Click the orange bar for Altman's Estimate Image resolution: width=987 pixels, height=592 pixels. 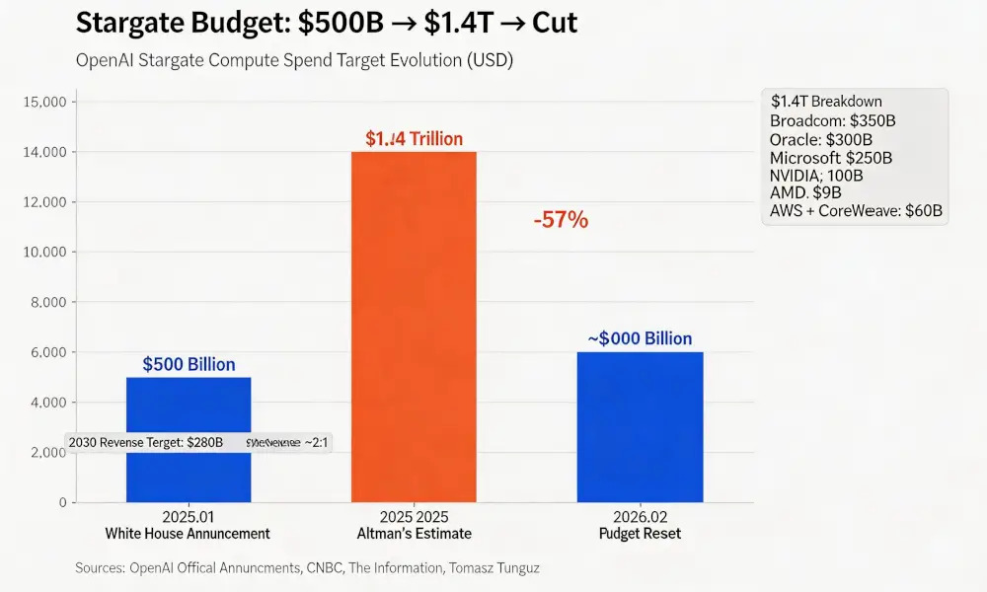(x=414, y=326)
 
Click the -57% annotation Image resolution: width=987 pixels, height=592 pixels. (x=561, y=220)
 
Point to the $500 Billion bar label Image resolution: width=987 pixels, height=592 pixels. (x=189, y=364)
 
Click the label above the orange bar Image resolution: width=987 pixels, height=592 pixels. (x=414, y=139)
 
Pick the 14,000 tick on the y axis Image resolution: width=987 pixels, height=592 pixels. (x=42, y=152)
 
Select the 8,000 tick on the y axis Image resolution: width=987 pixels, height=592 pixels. (x=46, y=302)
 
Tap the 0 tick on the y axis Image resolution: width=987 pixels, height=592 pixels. (x=61, y=502)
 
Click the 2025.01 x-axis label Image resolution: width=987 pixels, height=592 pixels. (x=188, y=517)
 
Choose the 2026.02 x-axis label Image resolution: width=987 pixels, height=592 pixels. (x=640, y=517)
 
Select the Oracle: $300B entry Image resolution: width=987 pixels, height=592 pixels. (x=819, y=139)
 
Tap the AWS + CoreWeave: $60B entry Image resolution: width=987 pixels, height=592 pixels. (x=856, y=211)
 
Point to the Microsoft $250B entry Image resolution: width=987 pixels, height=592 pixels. (x=831, y=157)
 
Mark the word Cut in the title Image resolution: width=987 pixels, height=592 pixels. (x=555, y=23)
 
